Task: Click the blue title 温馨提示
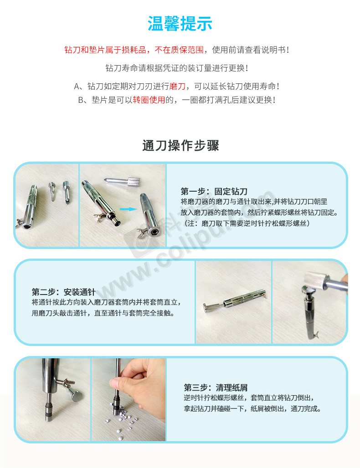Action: click(180, 24)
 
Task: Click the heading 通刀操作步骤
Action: click(180, 146)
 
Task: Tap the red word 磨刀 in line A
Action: click(177, 86)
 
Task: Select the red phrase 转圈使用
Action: click(149, 100)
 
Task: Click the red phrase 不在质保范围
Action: click(179, 50)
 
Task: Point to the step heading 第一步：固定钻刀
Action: click(214, 191)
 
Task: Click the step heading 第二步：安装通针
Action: click(64, 292)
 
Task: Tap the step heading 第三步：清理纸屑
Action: click(216, 387)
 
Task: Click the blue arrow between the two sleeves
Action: click(129, 209)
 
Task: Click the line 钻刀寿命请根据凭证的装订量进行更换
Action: click(176, 68)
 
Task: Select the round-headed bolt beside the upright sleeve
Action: click(76, 395)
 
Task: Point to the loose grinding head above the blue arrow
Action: click(122, 181)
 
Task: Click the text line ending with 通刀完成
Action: click(252, 409)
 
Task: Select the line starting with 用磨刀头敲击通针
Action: click(103, 313)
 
